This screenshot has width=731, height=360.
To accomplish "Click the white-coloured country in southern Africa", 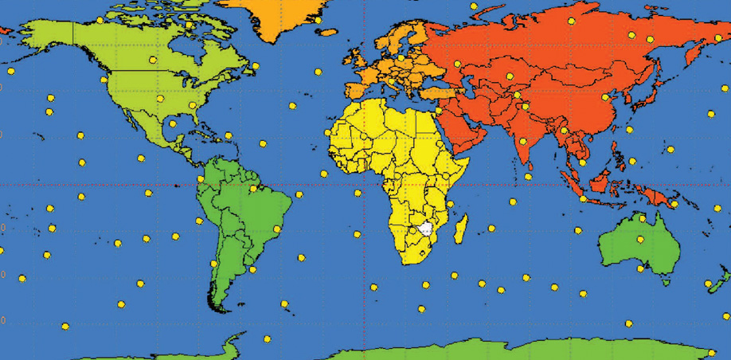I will tap(425, 229).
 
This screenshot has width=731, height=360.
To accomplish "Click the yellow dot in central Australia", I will tap(639, 239).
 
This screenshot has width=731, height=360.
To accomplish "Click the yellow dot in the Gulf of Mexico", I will tap(173, 123).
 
